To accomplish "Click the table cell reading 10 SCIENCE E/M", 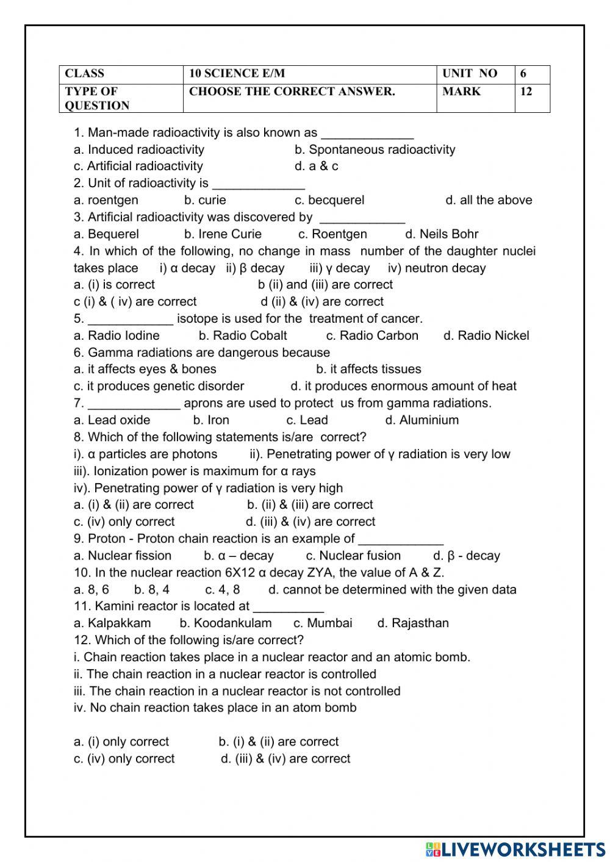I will coord(237,74).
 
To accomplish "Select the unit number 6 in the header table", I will coord(523,74).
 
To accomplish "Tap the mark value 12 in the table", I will coord(526,92).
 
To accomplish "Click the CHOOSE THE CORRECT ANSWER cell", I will coord(292,92).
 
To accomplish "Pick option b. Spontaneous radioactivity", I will coord(375,149).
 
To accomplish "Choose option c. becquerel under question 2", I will coord(329,200).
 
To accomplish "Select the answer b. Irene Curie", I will coord(223,234).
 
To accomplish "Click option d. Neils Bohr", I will coord(442,234).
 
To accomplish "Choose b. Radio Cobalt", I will coord(243,336).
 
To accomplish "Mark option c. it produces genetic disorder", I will coord(159,386).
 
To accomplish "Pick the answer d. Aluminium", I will coord(422,420).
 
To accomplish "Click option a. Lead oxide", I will coord(112,420).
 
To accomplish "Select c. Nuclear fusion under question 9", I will coord(353,556).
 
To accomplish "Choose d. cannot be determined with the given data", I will coord(392,590).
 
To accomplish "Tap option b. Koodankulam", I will coord(226,623).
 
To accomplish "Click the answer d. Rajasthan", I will coord(413,623).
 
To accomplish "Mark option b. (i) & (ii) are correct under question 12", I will coord(278,742).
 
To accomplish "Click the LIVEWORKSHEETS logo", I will coord(515,849).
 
